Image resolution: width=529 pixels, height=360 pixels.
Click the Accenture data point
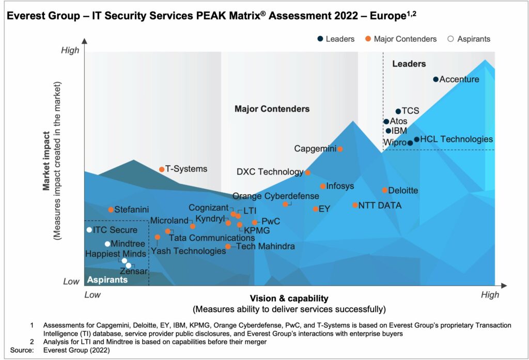(435, 79)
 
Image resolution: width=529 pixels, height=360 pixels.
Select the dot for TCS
(398, 111)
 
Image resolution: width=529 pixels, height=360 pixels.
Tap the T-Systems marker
(162, 169)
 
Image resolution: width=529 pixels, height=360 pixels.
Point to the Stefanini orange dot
(111, 210)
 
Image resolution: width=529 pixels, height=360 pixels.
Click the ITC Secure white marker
(89, 230)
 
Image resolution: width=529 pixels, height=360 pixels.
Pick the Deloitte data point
(385, 190)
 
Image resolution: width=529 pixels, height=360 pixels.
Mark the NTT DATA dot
(355, 205)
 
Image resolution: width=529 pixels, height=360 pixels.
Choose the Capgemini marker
(340, 149)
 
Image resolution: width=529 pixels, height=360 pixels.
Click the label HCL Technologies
(457, 139)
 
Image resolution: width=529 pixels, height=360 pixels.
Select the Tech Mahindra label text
(266, 246)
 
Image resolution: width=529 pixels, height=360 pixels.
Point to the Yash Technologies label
(188, 251)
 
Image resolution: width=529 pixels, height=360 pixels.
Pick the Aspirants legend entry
(469, 39)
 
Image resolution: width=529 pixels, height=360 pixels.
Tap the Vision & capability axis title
(289, 299)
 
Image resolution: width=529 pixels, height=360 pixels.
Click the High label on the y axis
(70, 50)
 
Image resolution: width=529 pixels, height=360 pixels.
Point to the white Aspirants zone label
(107, 280)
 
